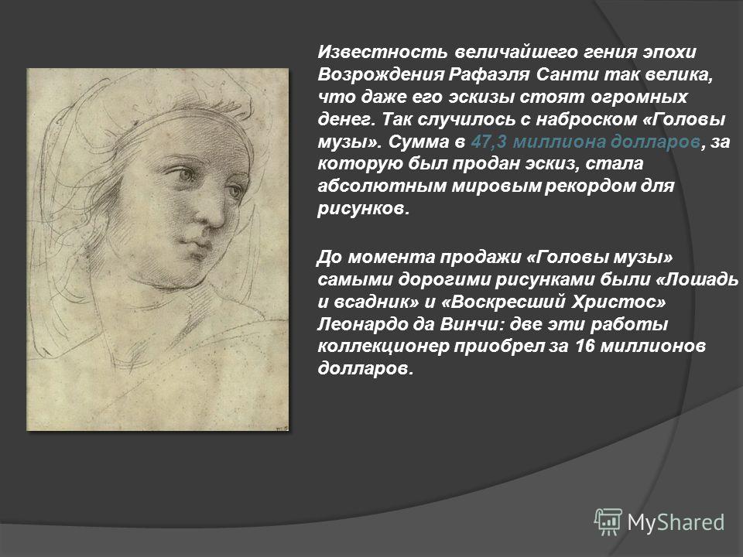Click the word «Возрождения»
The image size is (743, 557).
381,74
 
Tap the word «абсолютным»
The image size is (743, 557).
382,186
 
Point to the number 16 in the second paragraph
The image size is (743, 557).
585,347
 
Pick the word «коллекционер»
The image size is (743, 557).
383,347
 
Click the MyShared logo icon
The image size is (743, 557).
608,522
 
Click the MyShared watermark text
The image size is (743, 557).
676,522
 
